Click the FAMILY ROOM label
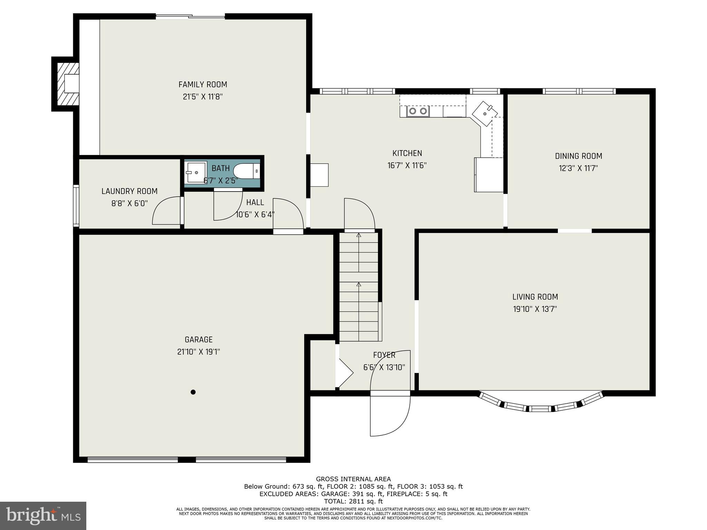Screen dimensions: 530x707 tap(203, 85)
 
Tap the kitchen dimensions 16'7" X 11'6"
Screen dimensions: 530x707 tap(407, 166)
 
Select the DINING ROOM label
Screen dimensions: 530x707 tap(579, 156)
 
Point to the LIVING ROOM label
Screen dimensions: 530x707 tap(535, 297)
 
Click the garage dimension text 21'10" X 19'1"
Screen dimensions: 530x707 tap(198, 352)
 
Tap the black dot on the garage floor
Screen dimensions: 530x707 tap(193, 392)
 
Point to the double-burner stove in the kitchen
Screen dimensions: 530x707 tap(418, 111)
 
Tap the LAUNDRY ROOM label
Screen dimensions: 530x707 tap(129, 191)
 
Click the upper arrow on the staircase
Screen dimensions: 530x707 tap(359, 235)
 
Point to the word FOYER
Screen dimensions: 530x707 tap(384, 355)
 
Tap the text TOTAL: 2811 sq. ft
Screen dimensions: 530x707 tap(353, 501)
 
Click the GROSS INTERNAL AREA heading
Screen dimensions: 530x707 tap(353, 479)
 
